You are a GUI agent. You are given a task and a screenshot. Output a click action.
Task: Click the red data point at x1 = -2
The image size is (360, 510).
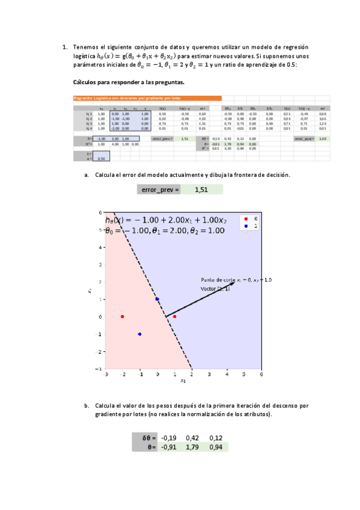click(x=122, y=316)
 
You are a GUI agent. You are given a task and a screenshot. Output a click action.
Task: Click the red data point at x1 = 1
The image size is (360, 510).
click(x=174, y=316)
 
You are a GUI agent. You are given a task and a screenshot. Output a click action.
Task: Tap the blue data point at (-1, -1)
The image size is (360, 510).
click(x=139, y=334)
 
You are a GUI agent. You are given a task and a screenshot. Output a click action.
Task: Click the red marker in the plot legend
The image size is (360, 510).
click(x=246, y=218)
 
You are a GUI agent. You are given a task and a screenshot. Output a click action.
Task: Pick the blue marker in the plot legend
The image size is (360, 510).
click(x=246, y=226)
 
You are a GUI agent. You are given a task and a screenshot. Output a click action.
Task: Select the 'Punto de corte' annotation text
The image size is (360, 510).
click(x=236, y=280)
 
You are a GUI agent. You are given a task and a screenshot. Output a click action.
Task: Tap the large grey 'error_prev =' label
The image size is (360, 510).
click(x=160, y=190)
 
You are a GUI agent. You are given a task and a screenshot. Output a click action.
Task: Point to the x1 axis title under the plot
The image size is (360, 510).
click(x=183, y=381)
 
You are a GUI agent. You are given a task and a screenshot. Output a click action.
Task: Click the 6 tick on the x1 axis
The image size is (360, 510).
click(x=261, y=374)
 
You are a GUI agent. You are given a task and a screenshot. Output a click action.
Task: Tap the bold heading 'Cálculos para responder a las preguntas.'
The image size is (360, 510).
click(x=129, y=82)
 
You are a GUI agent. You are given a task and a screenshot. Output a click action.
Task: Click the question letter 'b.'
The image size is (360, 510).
click(x=88, y=406)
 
